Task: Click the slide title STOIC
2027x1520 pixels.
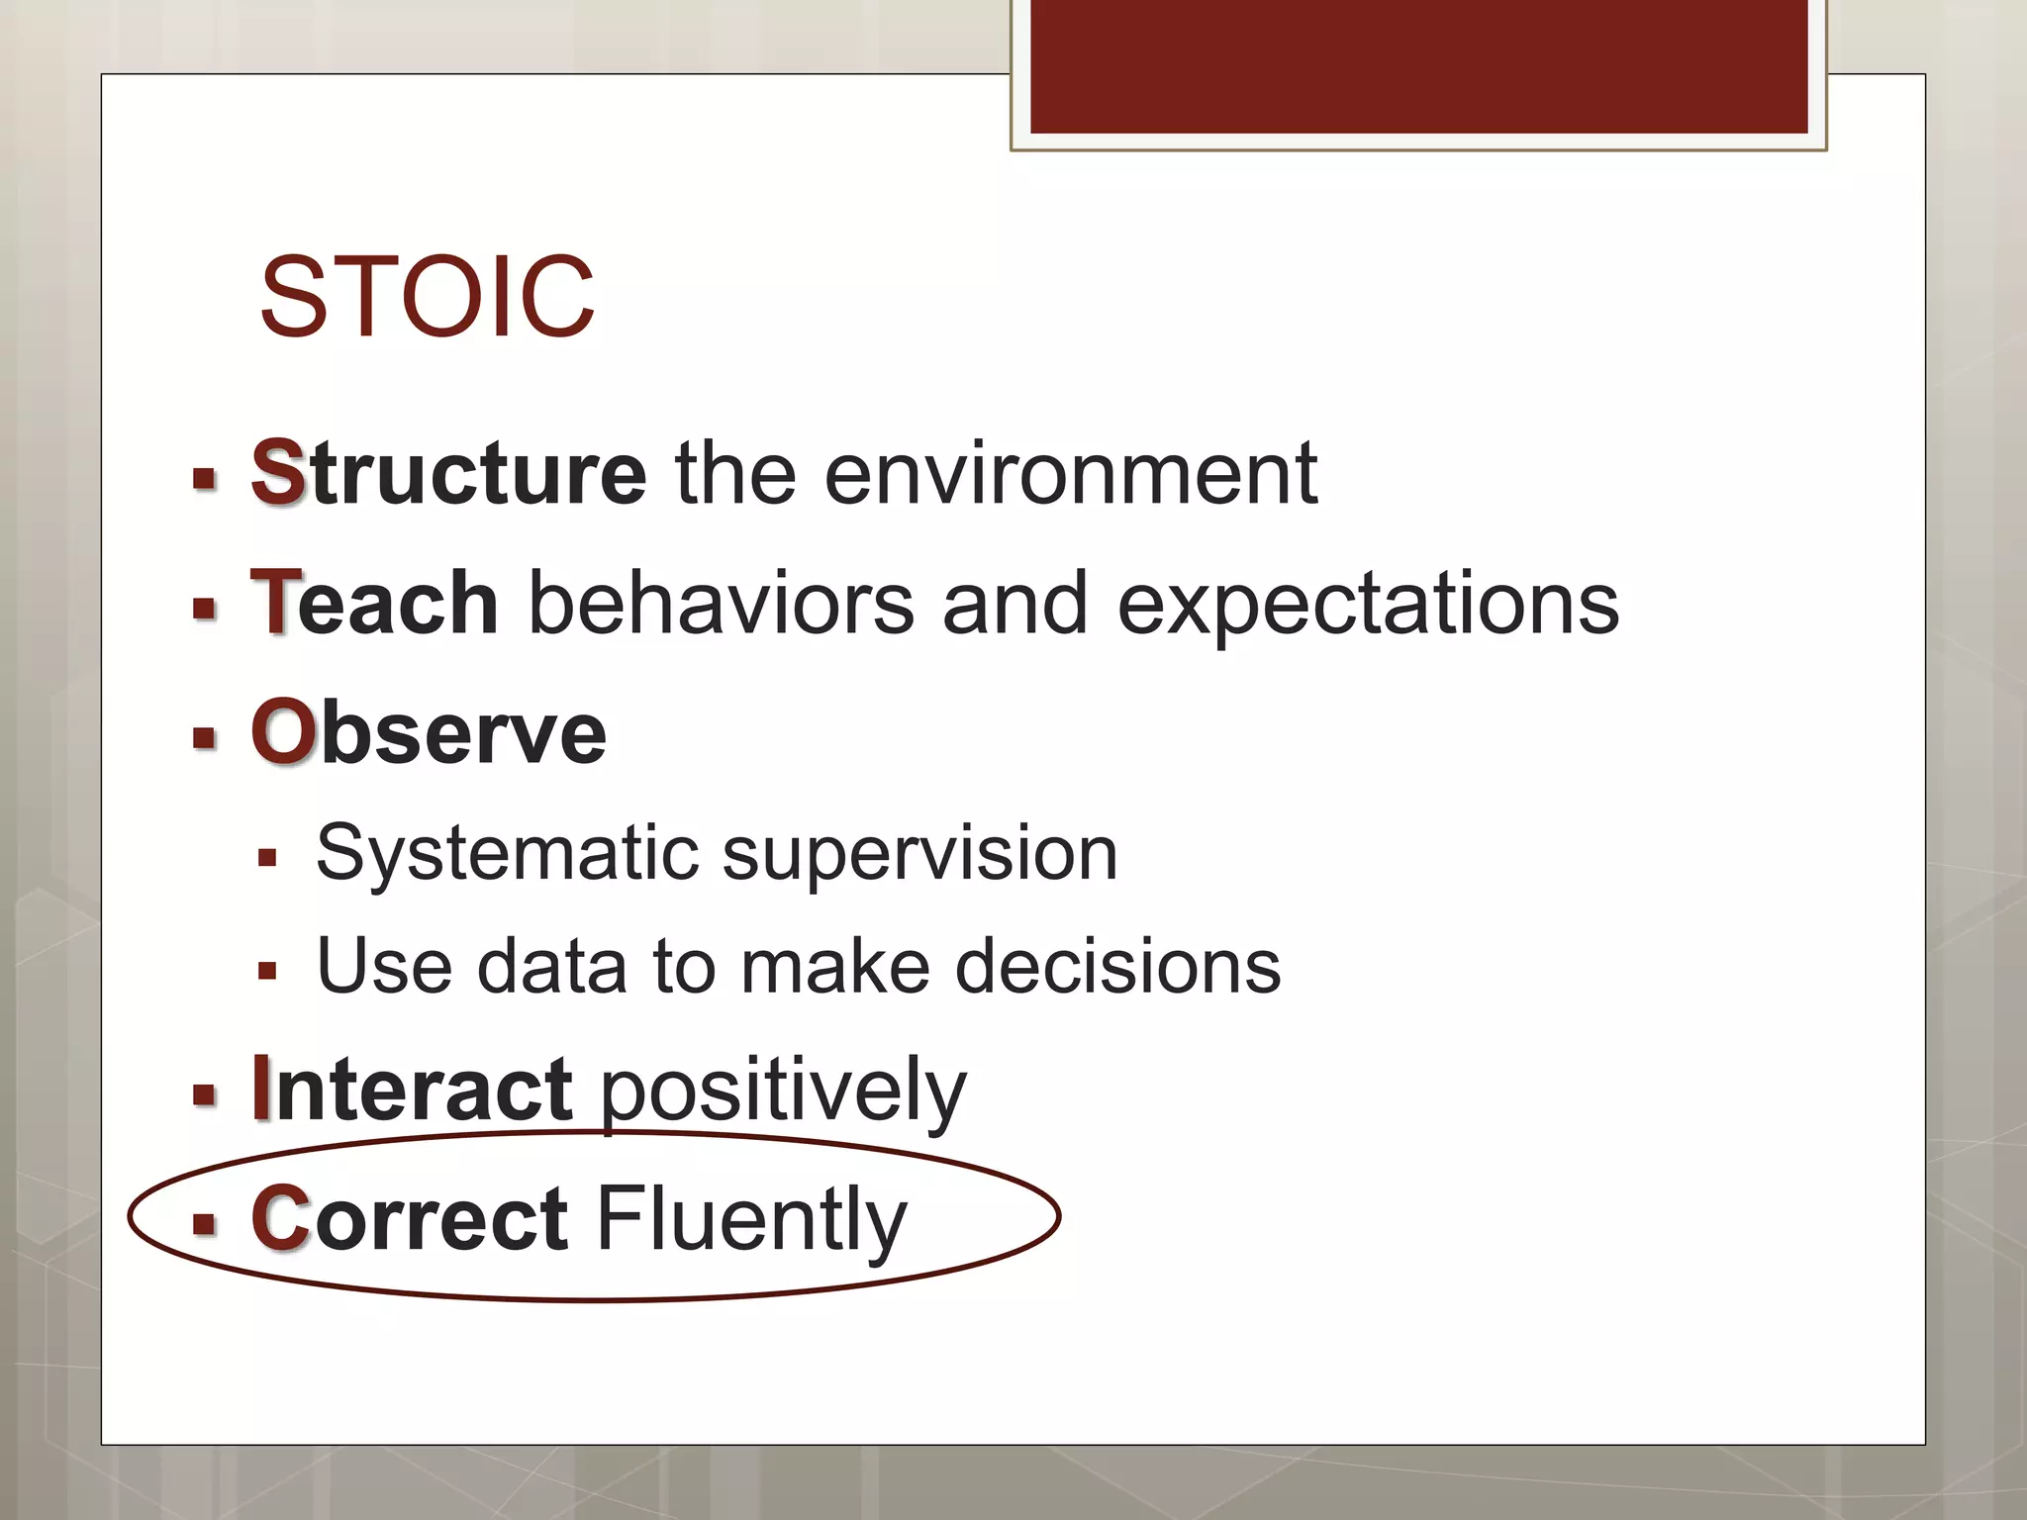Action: pos(427,297)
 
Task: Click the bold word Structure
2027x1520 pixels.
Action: pos(448,473)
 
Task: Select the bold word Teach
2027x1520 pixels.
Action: pos(374,603)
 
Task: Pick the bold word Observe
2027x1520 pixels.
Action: pos(429,732)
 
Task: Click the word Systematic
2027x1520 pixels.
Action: pos(507,853)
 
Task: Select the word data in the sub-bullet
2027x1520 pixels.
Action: pos(551,966)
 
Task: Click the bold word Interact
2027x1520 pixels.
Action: pos(412,1090)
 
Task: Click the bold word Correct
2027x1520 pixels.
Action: pos(410,1218)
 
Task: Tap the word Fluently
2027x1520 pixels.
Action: pos(751,1220)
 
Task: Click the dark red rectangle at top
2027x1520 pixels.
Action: pos(1418,65)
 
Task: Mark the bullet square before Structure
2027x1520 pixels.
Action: pos(205,480)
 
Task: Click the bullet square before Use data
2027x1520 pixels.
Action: pos(266,971)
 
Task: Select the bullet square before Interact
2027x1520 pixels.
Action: pos(205,1094)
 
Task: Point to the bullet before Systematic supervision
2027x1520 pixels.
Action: pos(266,857)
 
